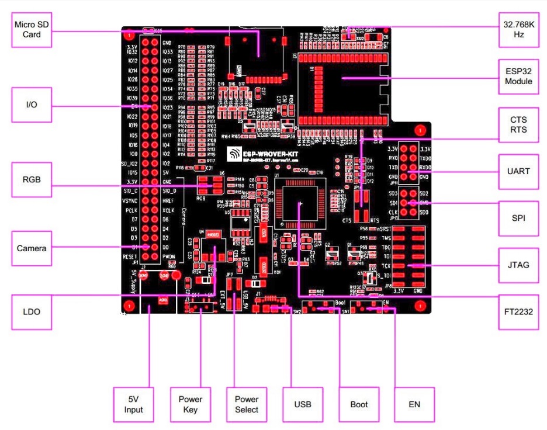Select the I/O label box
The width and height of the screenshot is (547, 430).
coord(33,106)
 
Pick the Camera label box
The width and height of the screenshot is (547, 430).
coord(33,248)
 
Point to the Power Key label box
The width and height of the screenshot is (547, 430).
coord(191,403)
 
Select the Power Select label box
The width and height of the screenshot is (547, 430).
coord(247,403)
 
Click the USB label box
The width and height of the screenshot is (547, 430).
coord(303,403)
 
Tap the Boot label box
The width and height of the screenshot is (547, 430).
coord(358,403)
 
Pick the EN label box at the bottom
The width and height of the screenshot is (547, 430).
coord(414,403)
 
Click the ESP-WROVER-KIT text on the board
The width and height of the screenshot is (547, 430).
coord(271,152)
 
